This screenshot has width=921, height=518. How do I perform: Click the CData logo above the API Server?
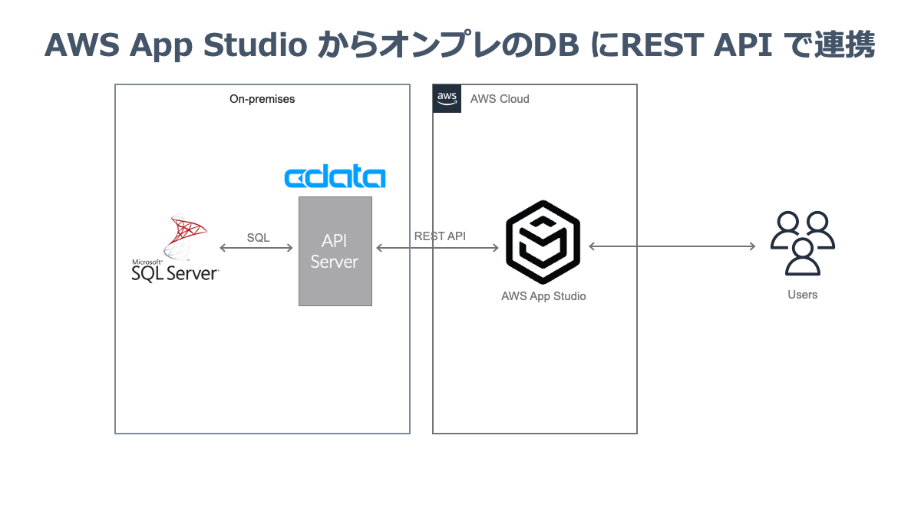tap(335, 177)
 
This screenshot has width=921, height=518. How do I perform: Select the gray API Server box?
tap(335, 251)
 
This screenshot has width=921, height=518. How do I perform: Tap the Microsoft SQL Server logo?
tap(176, 249)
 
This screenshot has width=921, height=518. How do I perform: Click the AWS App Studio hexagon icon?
tap(543, 243)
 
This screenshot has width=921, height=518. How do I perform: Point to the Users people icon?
tap(802, 243)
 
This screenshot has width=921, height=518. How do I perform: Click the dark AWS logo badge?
tap(447, 98)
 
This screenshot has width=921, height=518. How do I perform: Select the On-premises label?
tap(262, 99)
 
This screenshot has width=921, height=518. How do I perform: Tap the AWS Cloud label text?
tap(500, 99)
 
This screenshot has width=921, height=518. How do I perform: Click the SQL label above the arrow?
tap(258, 238)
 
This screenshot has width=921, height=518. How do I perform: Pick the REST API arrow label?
tap(440, 236)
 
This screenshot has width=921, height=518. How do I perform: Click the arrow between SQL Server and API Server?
tap(256, 248)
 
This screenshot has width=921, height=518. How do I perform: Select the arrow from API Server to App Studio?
tap(437, 248)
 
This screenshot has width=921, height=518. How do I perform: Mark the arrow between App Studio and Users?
tap(672, 246)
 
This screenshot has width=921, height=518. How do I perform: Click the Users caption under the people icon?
tap(802, 295)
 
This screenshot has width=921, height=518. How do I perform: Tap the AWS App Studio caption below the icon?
tap(543, 296)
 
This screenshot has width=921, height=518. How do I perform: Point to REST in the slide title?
tap(662, 45)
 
